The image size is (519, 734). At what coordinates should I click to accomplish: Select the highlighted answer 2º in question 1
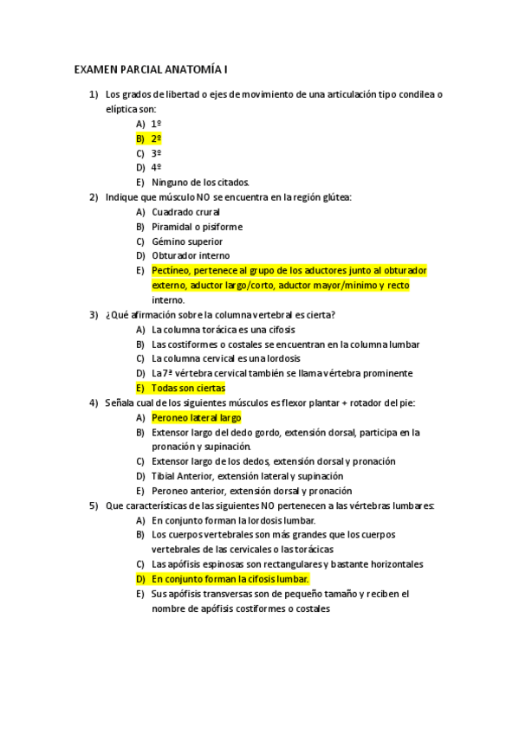point(156,138)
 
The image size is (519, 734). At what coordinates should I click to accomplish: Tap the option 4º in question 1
point(156,167)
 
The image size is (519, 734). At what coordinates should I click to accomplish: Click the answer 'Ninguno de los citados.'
point(200,182)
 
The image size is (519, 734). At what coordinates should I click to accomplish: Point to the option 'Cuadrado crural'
point(186,211)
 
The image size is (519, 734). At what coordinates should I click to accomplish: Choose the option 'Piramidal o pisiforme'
point(197,227)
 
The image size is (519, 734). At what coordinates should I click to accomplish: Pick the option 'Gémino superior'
point(187,241)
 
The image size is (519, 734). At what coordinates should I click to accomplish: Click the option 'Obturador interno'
point(191,255)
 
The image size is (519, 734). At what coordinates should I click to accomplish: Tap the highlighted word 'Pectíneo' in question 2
point(171,270)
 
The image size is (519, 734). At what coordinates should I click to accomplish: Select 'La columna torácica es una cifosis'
point(224,330)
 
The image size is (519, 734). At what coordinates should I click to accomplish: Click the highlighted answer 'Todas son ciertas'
point(188,388)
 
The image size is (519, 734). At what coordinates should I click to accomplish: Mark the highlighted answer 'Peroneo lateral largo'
point(196,417)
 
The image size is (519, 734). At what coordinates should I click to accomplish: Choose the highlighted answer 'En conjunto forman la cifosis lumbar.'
point(230,578)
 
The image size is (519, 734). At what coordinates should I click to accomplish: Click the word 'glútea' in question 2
point(337,197)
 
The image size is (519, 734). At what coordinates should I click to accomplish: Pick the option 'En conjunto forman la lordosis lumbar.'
point(233,520)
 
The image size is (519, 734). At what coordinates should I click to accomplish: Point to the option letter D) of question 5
point(140,578)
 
